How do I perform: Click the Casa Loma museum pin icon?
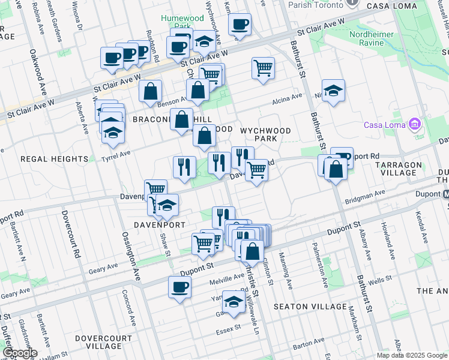pyautogui.click(x=414, y=125)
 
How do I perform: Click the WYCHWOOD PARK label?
pyautogui.click(x=265, y=134)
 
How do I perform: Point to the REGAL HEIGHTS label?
pyautogui.click(x=54, y=159)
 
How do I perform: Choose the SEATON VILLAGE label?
pyautogui.click(x=310, y=307)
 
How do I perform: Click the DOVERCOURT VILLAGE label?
pyautogui.click(x=104, y=342)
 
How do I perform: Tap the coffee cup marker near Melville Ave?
pyautogui.click(x=179, y=287)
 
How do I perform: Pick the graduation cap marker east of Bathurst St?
pyautogui.click(x=333, y=91)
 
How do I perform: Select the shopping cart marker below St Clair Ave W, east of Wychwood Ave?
pyautogui.click(x=263, y=68)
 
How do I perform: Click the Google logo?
pyautogui.click(x=20, y=353)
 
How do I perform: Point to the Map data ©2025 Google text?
pyautogui.click(x=412, y=355)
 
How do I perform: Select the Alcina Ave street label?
pyautogui.click(x=287, y=98)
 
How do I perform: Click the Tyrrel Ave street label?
pyautogui.click(x=116, y=154)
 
